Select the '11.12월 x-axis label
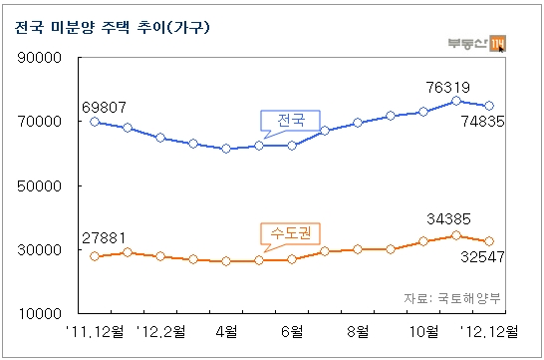[x=95, y=331]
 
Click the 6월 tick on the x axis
[x=292, y=331]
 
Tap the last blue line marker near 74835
[x=489, y=106]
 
